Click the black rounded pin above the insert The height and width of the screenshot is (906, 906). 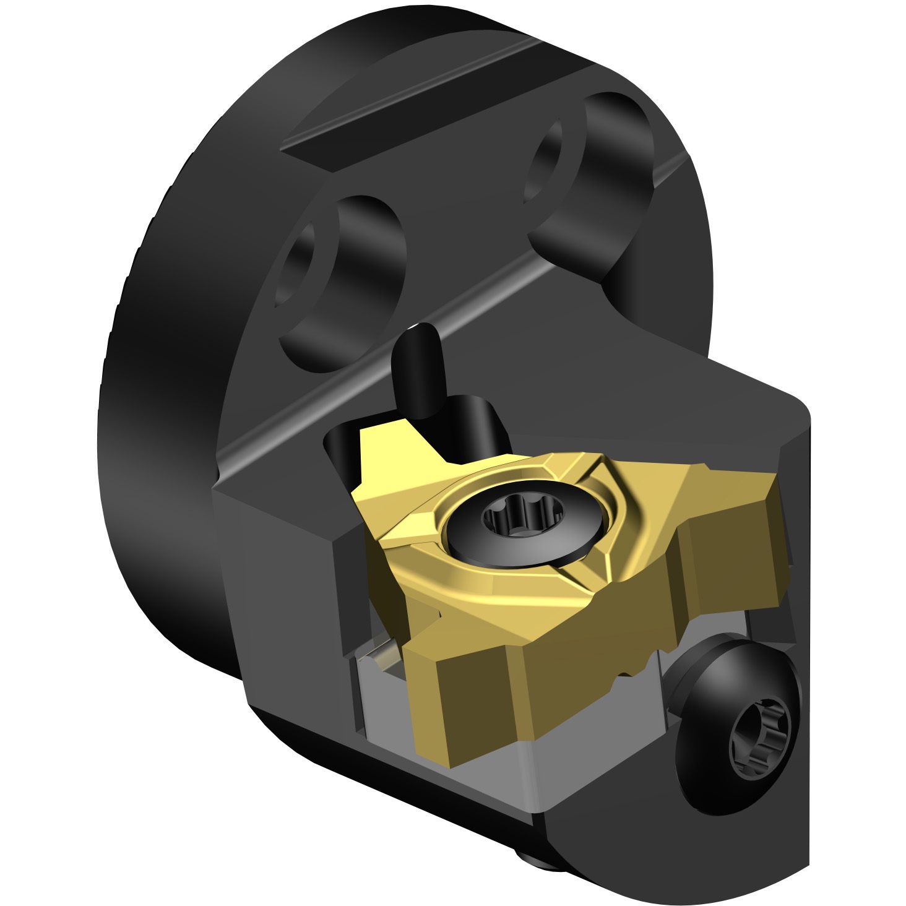coord(418,371)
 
